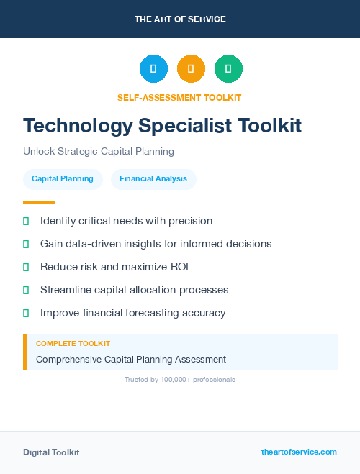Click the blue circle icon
153,69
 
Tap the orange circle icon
191,69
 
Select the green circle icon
228,69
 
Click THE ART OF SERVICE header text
180,19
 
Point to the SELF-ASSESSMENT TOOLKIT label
179,97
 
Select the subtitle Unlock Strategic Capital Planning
99,152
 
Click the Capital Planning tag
63,178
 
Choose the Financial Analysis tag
153,178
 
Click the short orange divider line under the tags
39,202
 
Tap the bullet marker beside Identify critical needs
26,221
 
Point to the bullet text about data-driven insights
156,244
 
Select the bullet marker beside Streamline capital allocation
26,290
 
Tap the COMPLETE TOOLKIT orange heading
73,344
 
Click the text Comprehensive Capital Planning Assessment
131,359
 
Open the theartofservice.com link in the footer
299,452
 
